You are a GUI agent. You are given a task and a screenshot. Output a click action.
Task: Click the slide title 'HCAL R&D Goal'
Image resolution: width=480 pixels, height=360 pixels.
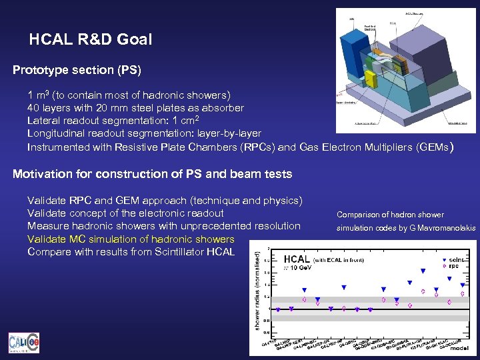point(90,40)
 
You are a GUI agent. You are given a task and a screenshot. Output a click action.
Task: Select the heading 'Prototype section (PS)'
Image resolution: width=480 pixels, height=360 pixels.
point(77,69)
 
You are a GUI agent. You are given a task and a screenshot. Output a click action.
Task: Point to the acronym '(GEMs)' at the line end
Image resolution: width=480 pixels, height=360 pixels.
point(434,147)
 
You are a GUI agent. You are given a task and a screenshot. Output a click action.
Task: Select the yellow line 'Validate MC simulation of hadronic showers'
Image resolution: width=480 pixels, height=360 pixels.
point(131,239)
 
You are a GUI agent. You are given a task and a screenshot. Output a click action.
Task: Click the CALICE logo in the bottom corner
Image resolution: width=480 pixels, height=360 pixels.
point(23,343)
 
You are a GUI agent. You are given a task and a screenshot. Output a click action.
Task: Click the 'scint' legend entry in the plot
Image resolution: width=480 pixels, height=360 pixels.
point(455,259)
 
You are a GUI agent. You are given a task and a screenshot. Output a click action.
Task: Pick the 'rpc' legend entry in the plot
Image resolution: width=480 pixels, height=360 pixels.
point(454,266)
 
